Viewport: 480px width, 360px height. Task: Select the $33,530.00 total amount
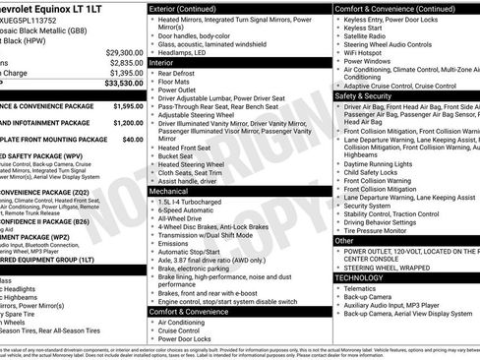(x=116, y=84)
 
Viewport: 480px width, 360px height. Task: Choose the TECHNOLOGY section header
(x=360, y=278)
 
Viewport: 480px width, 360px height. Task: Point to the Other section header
(x=344, y=240)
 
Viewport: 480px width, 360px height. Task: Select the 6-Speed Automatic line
(x=187, y=210)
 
